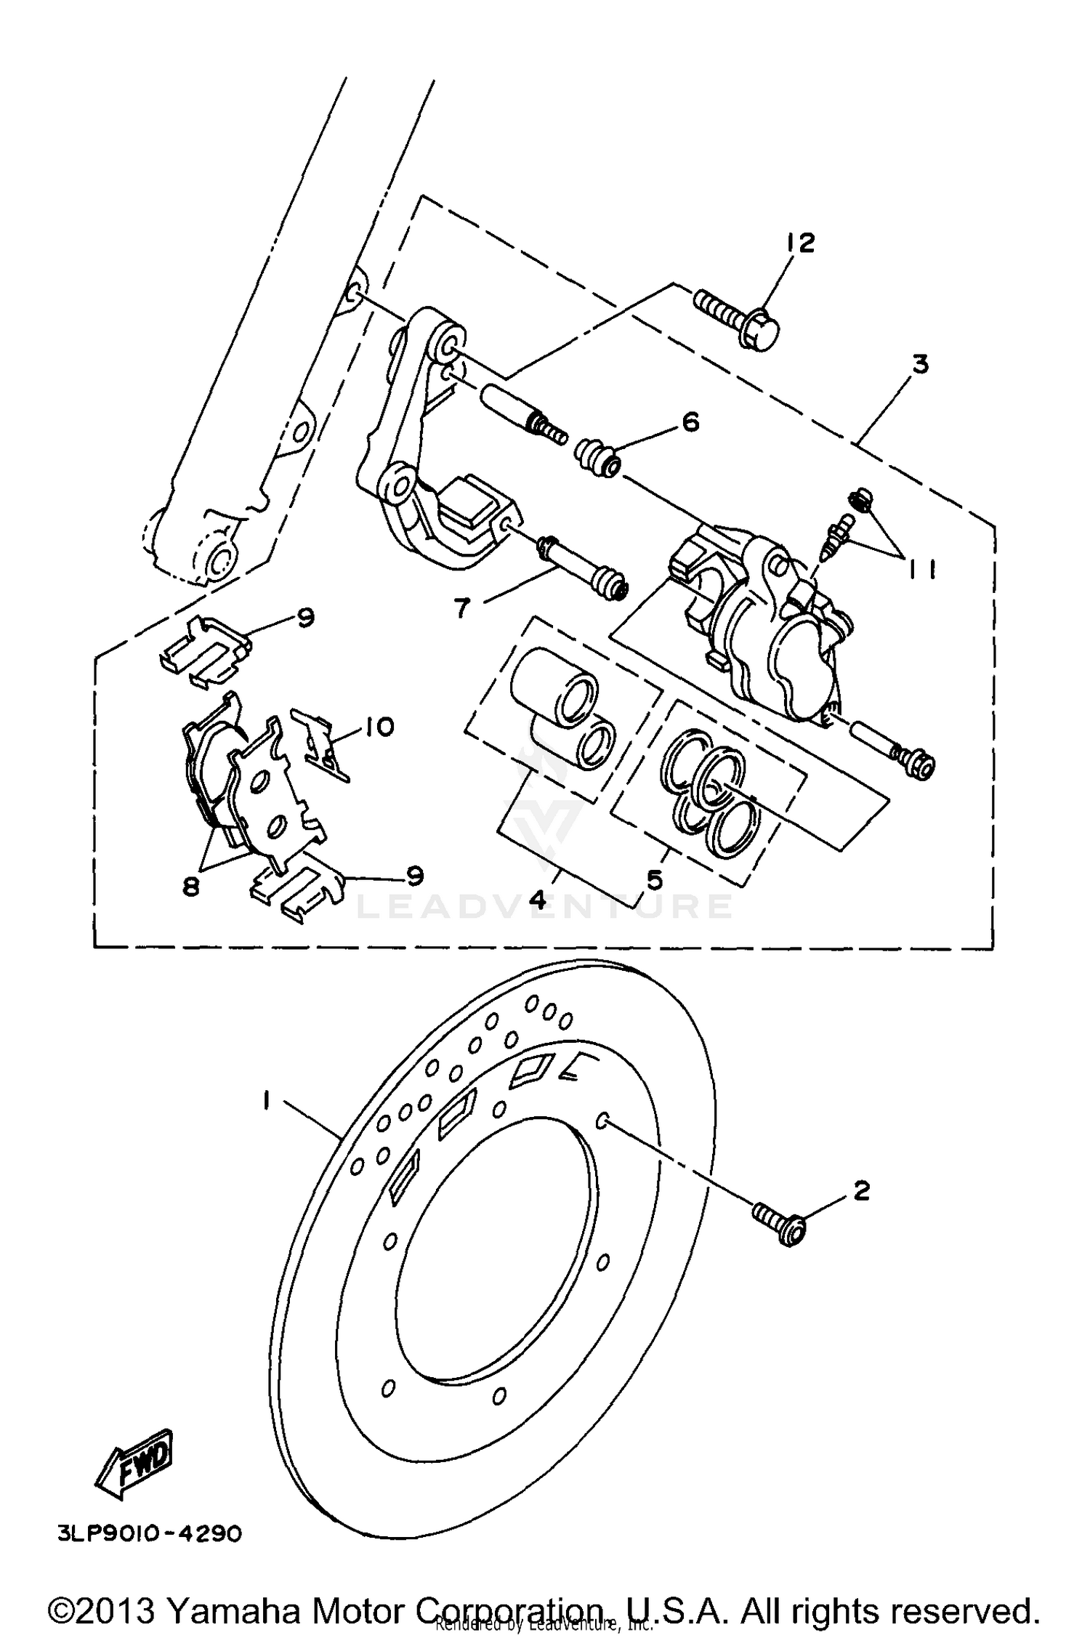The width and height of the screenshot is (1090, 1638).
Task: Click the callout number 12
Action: point(800,243)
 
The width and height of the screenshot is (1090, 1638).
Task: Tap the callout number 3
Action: point(921,363)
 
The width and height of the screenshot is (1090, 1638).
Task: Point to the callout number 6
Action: point(690,421)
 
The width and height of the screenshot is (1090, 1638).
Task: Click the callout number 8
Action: point(191,887)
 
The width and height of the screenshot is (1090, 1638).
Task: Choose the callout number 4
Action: point(538,900)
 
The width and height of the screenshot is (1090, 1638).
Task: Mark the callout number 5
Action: point(654,880)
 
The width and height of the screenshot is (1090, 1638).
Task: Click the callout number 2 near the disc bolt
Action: point(861,1191)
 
